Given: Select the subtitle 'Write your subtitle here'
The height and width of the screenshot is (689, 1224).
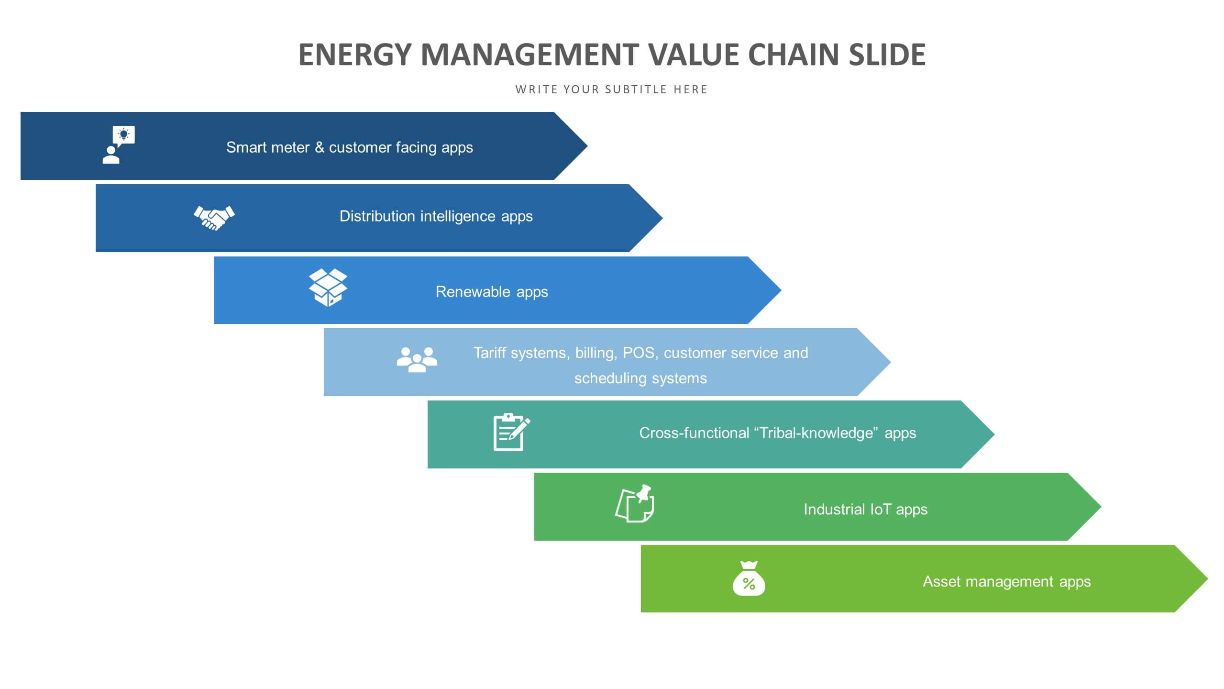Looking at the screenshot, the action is coord(611,89).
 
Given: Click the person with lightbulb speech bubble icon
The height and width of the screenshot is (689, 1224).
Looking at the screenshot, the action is coord(119,145).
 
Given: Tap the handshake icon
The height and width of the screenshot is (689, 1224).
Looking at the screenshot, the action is coord(214,218).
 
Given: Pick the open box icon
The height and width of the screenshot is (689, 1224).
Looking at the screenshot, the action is coord(328,287).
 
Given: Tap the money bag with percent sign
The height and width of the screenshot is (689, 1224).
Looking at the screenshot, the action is coord(749,578).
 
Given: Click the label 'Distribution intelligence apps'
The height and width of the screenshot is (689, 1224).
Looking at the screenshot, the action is coord(436,217).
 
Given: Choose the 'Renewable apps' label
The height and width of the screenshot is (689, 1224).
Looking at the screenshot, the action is coord(492,292).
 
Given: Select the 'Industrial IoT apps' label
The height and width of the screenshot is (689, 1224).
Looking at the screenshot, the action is coord(865,510).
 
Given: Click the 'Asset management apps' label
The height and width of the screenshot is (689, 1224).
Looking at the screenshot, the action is coord(1007,582).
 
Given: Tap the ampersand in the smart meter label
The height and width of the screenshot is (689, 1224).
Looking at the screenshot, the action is coord(319,147).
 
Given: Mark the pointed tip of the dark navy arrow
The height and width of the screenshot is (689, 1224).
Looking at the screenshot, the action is coord(587,146).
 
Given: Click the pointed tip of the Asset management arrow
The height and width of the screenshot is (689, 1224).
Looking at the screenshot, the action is coord(1208,579).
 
